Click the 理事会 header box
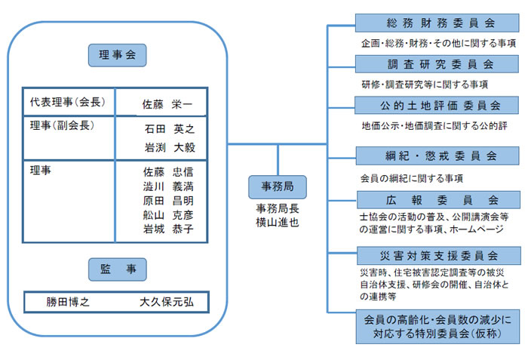pos(117,55)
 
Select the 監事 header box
pos(117,269)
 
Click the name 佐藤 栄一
pos(168,103)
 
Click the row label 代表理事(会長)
pos(66,101)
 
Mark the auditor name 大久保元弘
pos(167,302)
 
